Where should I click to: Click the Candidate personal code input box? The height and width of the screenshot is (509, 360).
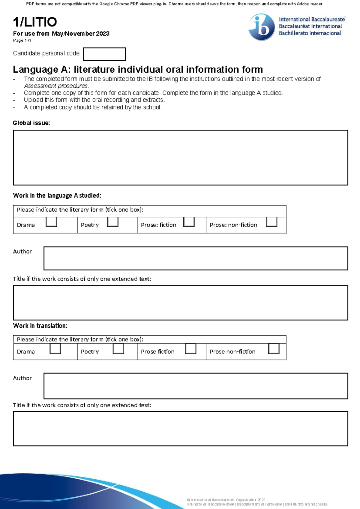click(x=104, y=54)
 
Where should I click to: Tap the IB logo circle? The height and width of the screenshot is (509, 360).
click(x=262, y=27)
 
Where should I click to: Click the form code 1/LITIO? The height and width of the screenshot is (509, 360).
click(x=35, y=22)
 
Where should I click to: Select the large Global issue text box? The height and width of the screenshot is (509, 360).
click(x=180, y=158)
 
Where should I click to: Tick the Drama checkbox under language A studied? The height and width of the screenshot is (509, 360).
click(x=51, y=222)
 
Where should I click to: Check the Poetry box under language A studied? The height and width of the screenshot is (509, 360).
click(x=113, y=222)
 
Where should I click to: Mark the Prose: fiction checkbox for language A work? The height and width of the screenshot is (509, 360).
click(x=189, y=222)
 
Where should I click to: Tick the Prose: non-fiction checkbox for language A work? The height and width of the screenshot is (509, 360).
click(x=271, y=222)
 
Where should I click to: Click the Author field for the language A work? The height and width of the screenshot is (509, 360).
click(x=196, y=258)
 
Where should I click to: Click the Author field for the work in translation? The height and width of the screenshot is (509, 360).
click(x=196, y=386)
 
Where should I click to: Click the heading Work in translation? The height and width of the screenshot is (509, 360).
click(x=40, y=326)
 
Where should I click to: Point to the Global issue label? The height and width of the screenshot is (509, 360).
click(x=31, y=123)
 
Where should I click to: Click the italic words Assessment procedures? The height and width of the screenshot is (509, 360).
click(x=56, y=86)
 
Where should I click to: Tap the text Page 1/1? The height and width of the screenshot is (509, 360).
click(x=22, y=41)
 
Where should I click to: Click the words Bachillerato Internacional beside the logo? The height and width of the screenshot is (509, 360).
click(x=310, y=33)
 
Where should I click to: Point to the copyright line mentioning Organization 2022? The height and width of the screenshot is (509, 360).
click(x=226, y=500)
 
